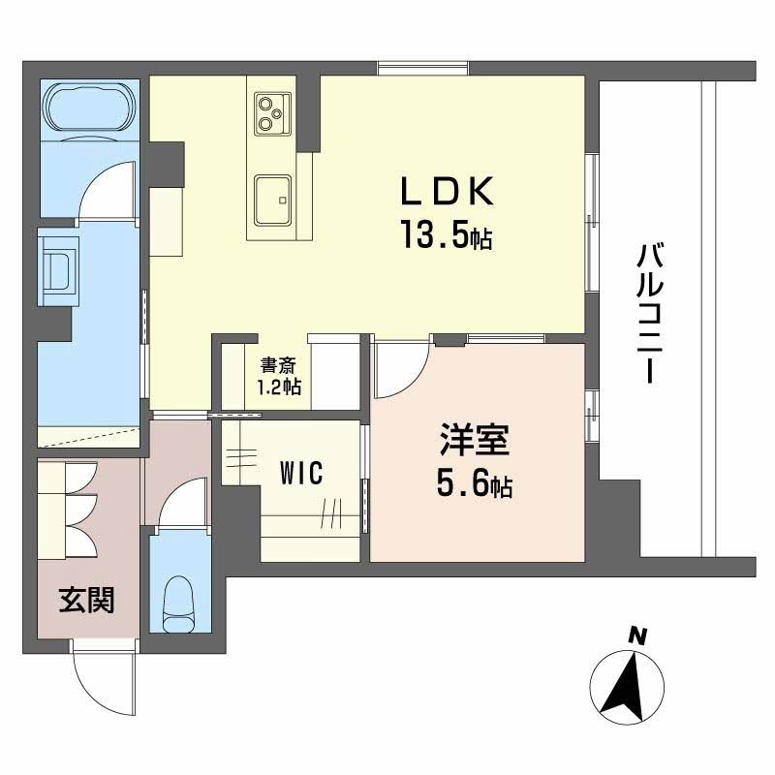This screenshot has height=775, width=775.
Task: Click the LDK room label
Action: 449,192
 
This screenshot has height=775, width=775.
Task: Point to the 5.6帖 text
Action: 474,483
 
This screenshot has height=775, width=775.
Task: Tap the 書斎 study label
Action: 278,366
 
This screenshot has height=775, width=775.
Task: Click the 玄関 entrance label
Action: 86,602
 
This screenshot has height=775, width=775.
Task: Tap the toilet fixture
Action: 179,600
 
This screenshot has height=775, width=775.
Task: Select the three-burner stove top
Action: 270,112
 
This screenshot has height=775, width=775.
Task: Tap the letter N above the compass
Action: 636,635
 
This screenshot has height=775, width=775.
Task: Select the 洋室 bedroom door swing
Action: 400,371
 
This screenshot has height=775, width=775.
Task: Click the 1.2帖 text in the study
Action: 278,387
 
